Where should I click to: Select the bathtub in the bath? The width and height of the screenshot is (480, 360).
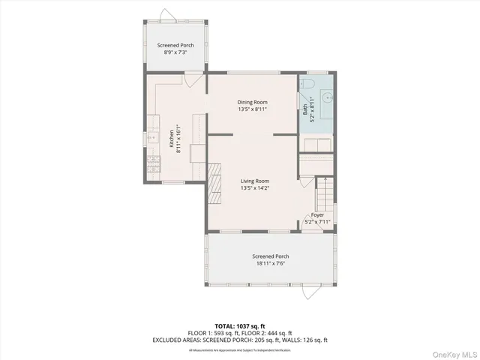point(317,142)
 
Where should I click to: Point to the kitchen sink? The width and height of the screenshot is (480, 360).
point(152,136)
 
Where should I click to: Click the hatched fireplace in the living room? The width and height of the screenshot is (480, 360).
point(216,186)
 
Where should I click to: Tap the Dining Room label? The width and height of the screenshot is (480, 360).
point(253,102)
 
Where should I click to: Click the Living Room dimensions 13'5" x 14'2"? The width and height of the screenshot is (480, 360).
point(255,188)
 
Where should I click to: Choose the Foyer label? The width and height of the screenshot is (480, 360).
point(318,214)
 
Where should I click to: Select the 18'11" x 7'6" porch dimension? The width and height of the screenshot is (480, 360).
point(270,263)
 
